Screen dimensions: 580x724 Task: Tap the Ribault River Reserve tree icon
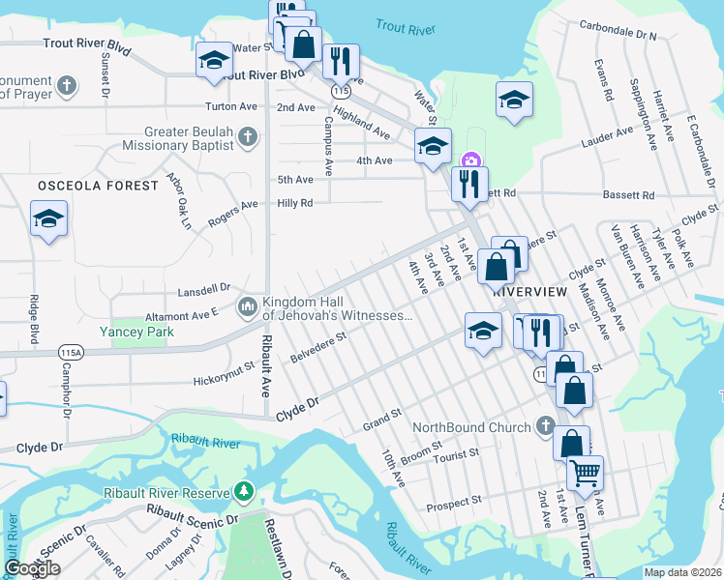click(x=243, y=492)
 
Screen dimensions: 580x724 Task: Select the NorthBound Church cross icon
click(x=545, y=426)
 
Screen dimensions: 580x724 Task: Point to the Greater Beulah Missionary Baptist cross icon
click(x=249, y=136)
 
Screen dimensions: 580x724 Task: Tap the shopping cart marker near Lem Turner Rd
click(x=584, y=473)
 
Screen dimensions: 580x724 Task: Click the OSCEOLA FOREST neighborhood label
click(x=97, y=185)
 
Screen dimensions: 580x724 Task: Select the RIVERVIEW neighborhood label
click(x=529, y=290)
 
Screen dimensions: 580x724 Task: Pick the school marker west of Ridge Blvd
click(x=48, y=218)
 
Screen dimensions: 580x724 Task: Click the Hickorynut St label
click(x=223, y=367)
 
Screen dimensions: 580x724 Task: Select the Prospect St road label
click(x=454, y=504)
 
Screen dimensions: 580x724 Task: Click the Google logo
click(x=32, y=567)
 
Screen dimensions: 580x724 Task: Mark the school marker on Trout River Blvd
click(x=214, y=60)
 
